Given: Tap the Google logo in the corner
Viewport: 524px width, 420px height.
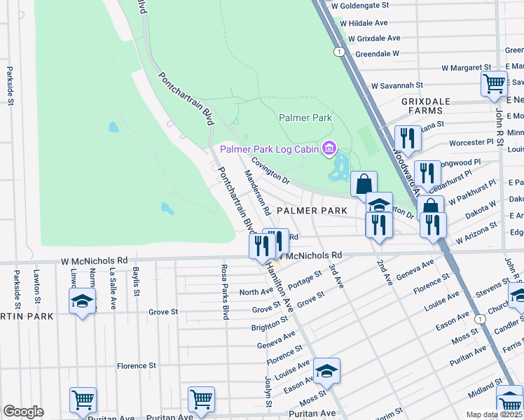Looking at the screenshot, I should (x=23, y=412).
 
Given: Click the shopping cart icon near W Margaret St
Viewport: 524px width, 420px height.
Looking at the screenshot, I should (x=494, y=84).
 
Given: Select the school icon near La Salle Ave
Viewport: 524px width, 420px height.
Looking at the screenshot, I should (x=82, y=302).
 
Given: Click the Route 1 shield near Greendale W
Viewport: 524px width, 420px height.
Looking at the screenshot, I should (x=339, y=52).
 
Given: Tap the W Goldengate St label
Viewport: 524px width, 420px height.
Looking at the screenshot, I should (x=360, y=5).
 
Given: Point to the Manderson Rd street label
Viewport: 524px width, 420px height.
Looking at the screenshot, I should (x=257, y=192).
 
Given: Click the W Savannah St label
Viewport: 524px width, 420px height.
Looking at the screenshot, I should (x=398, y=85).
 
